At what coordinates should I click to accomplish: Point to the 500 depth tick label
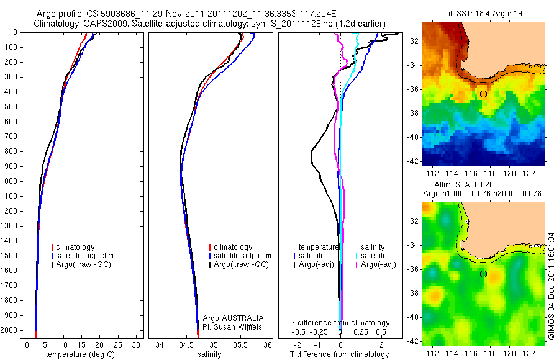11,107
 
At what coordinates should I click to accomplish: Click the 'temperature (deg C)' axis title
81,354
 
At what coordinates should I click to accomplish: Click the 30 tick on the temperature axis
135,345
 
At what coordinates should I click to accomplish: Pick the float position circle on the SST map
483,94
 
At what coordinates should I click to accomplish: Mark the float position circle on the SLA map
483,274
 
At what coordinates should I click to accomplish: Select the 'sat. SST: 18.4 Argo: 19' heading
483,12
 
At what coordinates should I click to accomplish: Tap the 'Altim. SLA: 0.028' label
483,185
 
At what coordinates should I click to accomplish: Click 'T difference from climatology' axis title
340,354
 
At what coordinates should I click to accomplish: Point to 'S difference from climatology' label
340,323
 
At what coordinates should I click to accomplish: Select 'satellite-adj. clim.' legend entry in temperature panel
86,256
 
